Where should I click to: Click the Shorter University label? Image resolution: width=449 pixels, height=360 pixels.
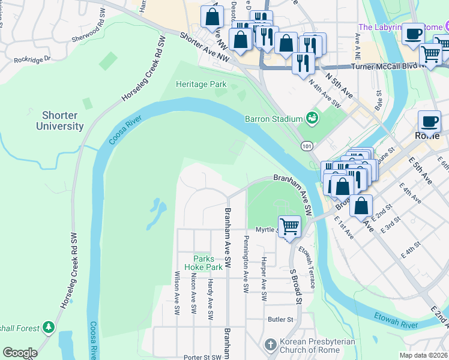tap(59, 121)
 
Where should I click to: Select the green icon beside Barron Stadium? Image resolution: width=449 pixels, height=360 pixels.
tap(312, 118)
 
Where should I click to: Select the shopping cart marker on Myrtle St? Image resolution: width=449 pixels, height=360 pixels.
tap(289, 227)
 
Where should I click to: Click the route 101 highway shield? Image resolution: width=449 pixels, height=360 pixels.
tap(307, 146)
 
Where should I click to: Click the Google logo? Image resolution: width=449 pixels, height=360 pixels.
tap(20, 353)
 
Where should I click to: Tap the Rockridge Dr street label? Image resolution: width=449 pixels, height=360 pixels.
tap(33, 59)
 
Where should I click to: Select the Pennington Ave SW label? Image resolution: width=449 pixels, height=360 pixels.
tap(246, 265)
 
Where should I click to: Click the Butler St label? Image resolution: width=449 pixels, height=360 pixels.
tap(280, 320)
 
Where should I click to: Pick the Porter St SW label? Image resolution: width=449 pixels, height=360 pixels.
tap(202, 357)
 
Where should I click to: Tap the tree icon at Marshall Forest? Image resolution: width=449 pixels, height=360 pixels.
tap(49, 328)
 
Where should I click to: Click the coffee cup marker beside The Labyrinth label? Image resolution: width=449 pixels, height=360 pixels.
tap(412, 35)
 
